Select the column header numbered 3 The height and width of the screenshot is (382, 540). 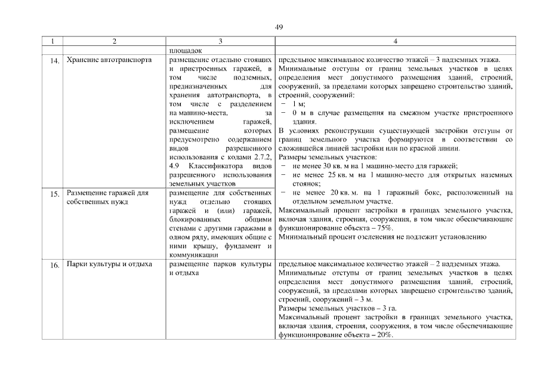click(220, 41)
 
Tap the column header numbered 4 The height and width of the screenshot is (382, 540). click(395, 41)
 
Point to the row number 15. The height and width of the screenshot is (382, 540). click(53, 195)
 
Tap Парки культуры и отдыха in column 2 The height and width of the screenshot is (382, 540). click(109, 264)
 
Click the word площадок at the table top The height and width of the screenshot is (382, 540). click(186, 51)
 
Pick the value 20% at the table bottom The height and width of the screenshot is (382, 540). click(384, 335)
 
